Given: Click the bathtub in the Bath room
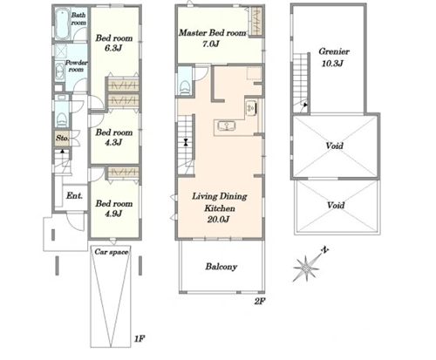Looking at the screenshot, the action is (x=63, y=24).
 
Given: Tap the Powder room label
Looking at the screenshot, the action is (x=76, y=66).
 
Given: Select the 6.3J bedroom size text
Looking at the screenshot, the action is (x=113, y=48).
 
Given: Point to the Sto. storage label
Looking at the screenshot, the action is (x=62, y=138).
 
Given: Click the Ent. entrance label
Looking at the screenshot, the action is (x=74, y=196).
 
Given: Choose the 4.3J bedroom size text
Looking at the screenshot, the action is (x=113, y=142).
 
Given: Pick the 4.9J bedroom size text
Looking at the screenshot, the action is (x=113, y=214).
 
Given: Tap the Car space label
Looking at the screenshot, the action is (x=112, y=252).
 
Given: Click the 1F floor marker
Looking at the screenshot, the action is (x=140, y=338).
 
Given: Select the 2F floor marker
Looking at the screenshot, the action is (x=260, y=302).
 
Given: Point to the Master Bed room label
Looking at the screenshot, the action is (x=213, y=33).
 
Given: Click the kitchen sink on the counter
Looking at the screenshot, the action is (x=226, y=126).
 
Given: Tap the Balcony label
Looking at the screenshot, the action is (x=221, y=267).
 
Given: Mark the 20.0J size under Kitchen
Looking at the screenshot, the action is (x=218, y=220).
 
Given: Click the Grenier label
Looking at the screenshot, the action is (x=334, y=51).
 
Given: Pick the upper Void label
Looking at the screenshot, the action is (x=335, y=146).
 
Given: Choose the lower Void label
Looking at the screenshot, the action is (x=336, y=205).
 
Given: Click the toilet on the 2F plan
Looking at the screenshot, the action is (x=185, y=86).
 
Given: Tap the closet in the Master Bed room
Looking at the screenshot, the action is (x=256, y=22).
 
